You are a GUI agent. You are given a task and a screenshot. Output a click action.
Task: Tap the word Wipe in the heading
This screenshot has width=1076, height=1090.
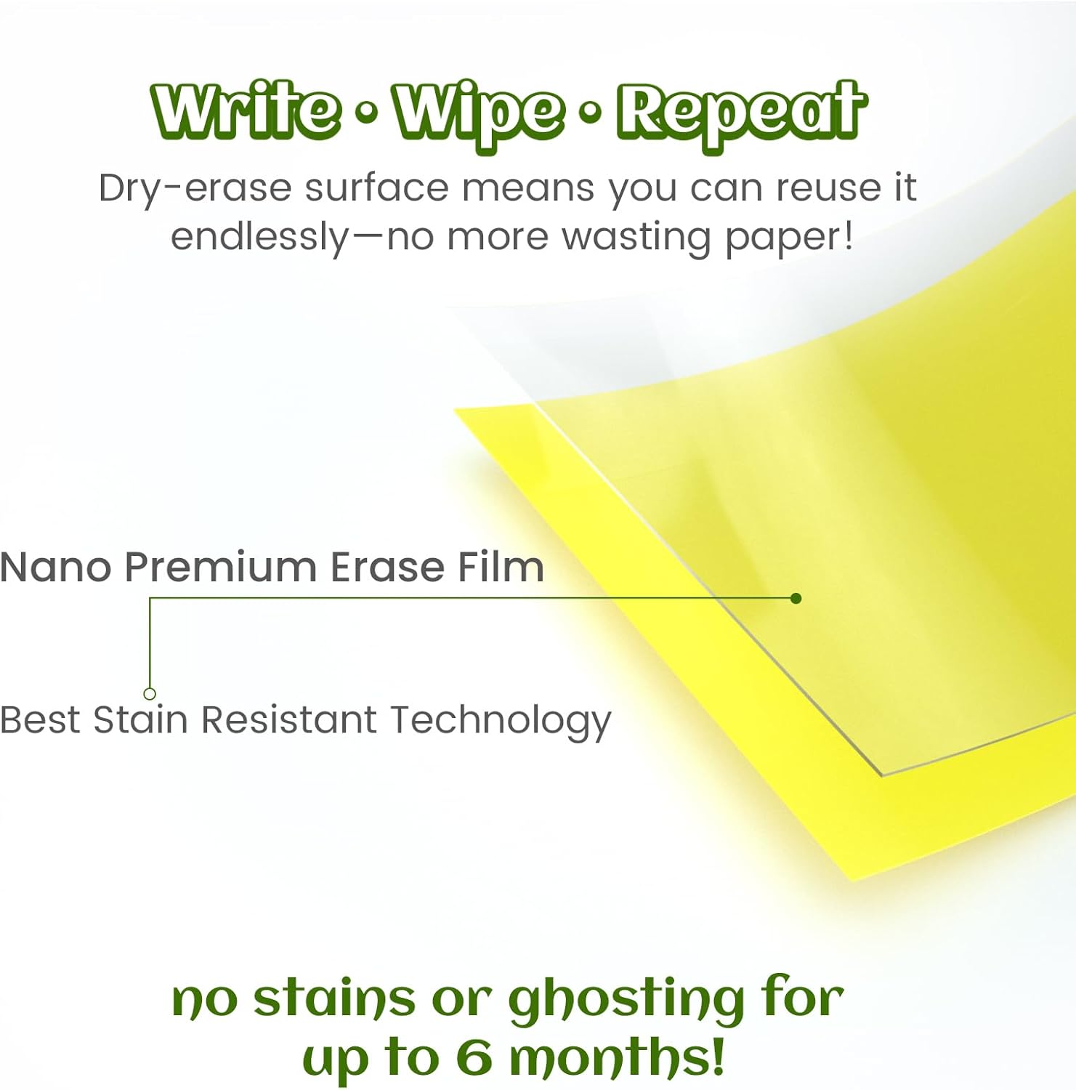click(478, 113)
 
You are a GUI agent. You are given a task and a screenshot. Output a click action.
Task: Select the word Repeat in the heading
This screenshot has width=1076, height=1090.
click(742, 113)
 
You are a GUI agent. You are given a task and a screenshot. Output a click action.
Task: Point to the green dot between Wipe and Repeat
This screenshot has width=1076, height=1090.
click(591, 110)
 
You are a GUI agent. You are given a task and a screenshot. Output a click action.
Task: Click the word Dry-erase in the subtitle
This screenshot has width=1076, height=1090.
click(195, 189)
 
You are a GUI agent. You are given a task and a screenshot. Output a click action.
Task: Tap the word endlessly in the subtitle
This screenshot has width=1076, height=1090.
click(260, 238)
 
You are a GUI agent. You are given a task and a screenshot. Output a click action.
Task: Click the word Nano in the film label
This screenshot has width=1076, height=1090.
click(55, 567)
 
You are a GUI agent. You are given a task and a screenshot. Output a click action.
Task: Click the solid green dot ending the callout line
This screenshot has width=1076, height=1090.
click(796, 598)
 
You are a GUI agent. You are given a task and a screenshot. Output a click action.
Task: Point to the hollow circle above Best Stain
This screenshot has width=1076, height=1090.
click(150, 694)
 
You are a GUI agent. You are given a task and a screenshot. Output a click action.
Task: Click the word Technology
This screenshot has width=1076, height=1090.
click(501, 722)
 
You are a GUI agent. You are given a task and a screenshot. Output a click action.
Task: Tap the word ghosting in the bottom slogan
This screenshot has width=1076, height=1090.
click(626, 1001)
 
